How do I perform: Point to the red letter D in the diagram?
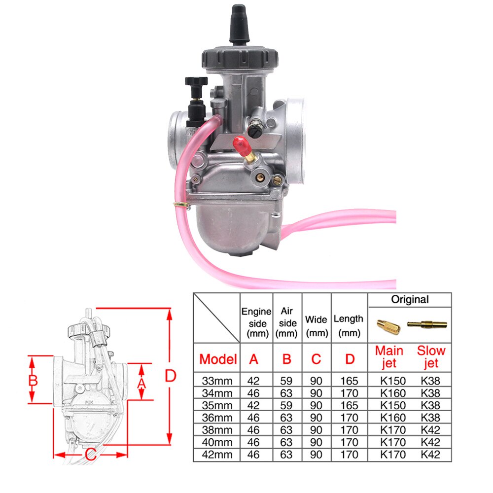(170, 377)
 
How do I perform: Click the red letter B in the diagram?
(33, 381)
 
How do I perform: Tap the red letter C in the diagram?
(90, 455)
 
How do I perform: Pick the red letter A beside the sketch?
(141, 383)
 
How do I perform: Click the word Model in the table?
(218, 359)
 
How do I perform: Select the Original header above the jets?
(410, 299)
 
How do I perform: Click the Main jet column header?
(389, 357)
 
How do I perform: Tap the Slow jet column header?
(431, 357)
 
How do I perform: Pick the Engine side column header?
(256, 323)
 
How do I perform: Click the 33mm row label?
(217, 381)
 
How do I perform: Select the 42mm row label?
(217, 455)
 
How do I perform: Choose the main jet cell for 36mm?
(393, 418)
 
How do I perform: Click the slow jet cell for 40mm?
(430, 442)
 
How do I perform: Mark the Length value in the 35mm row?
(349, 405)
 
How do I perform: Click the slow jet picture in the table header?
(427, 324)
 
